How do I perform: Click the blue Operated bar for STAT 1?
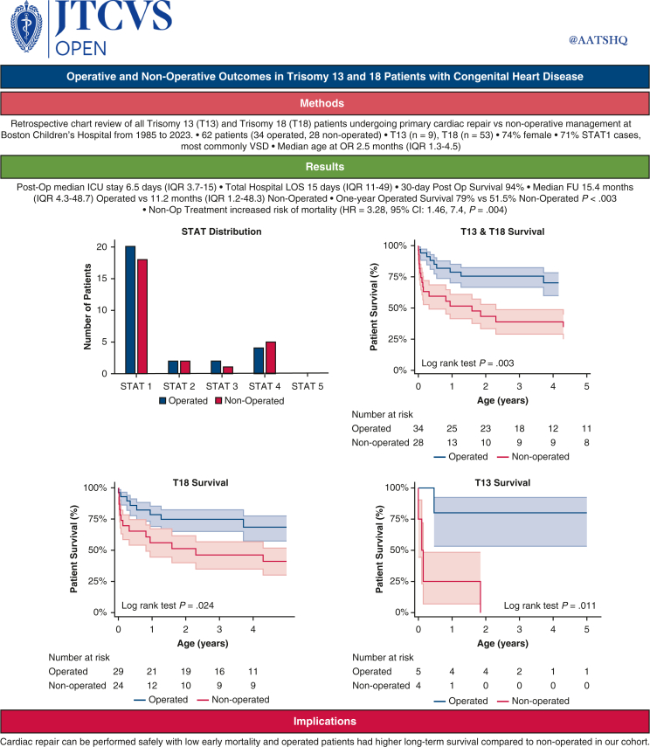point(130,309)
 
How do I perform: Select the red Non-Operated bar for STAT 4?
point(269,357)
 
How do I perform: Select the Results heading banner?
point(325,166)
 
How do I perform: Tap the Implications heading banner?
point(325,722)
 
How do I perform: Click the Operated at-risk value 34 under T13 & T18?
point(418,429)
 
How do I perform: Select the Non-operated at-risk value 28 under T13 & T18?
point(418,443)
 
